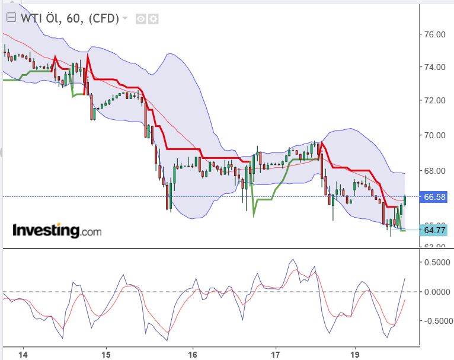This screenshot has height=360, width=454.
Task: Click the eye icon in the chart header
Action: [x=141, y=18]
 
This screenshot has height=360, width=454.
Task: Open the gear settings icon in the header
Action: [x=154, y=18]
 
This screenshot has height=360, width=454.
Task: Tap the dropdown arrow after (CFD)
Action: [x=125, y=18]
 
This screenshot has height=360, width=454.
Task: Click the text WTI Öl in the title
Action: [x=39, y=18]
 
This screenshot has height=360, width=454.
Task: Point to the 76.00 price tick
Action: [x=435, y=34]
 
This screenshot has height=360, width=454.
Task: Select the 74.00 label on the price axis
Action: [x=435, y=67]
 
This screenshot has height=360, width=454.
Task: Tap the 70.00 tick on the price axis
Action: [x=435, y=135]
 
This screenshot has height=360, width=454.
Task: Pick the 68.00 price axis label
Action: [x=435, y=171]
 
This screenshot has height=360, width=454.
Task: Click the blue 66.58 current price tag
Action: [x=435, y=197]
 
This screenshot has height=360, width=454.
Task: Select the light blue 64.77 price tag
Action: [x=435, y=230]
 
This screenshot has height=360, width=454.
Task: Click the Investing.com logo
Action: [x=57, y=230]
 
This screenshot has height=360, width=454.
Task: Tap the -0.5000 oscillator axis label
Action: [x=436, y=321]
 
